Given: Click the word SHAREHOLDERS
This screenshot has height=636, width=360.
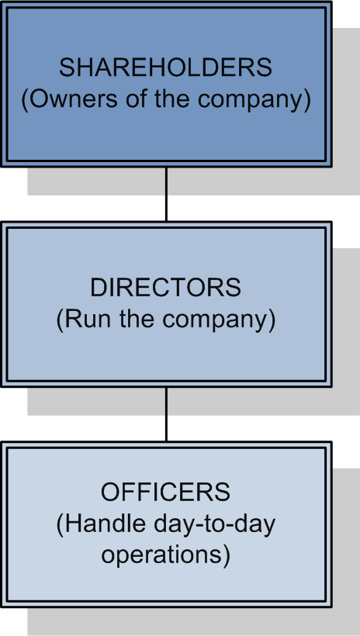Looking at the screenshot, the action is (165, 67).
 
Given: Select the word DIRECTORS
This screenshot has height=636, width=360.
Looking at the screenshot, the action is (165, 288).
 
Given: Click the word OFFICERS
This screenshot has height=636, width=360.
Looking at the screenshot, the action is (165, 492).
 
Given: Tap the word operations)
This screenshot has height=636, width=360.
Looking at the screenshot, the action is (165, 556).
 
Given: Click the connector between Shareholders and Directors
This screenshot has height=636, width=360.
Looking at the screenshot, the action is (166, 194).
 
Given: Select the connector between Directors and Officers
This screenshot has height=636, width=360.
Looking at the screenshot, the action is (166, 414).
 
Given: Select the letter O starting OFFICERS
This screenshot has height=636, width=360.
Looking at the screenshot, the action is (109, 492).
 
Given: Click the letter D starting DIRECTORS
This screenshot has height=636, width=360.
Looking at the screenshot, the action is (98, 288).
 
